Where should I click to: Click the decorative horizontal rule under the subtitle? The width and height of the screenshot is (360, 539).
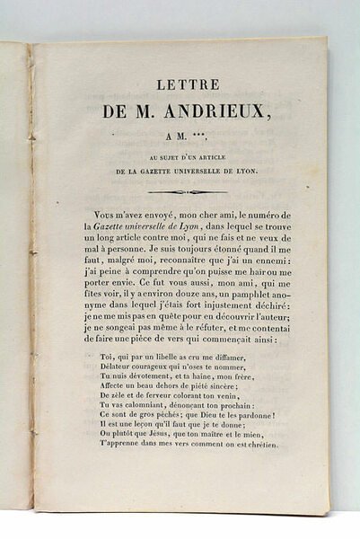coord(187,191)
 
